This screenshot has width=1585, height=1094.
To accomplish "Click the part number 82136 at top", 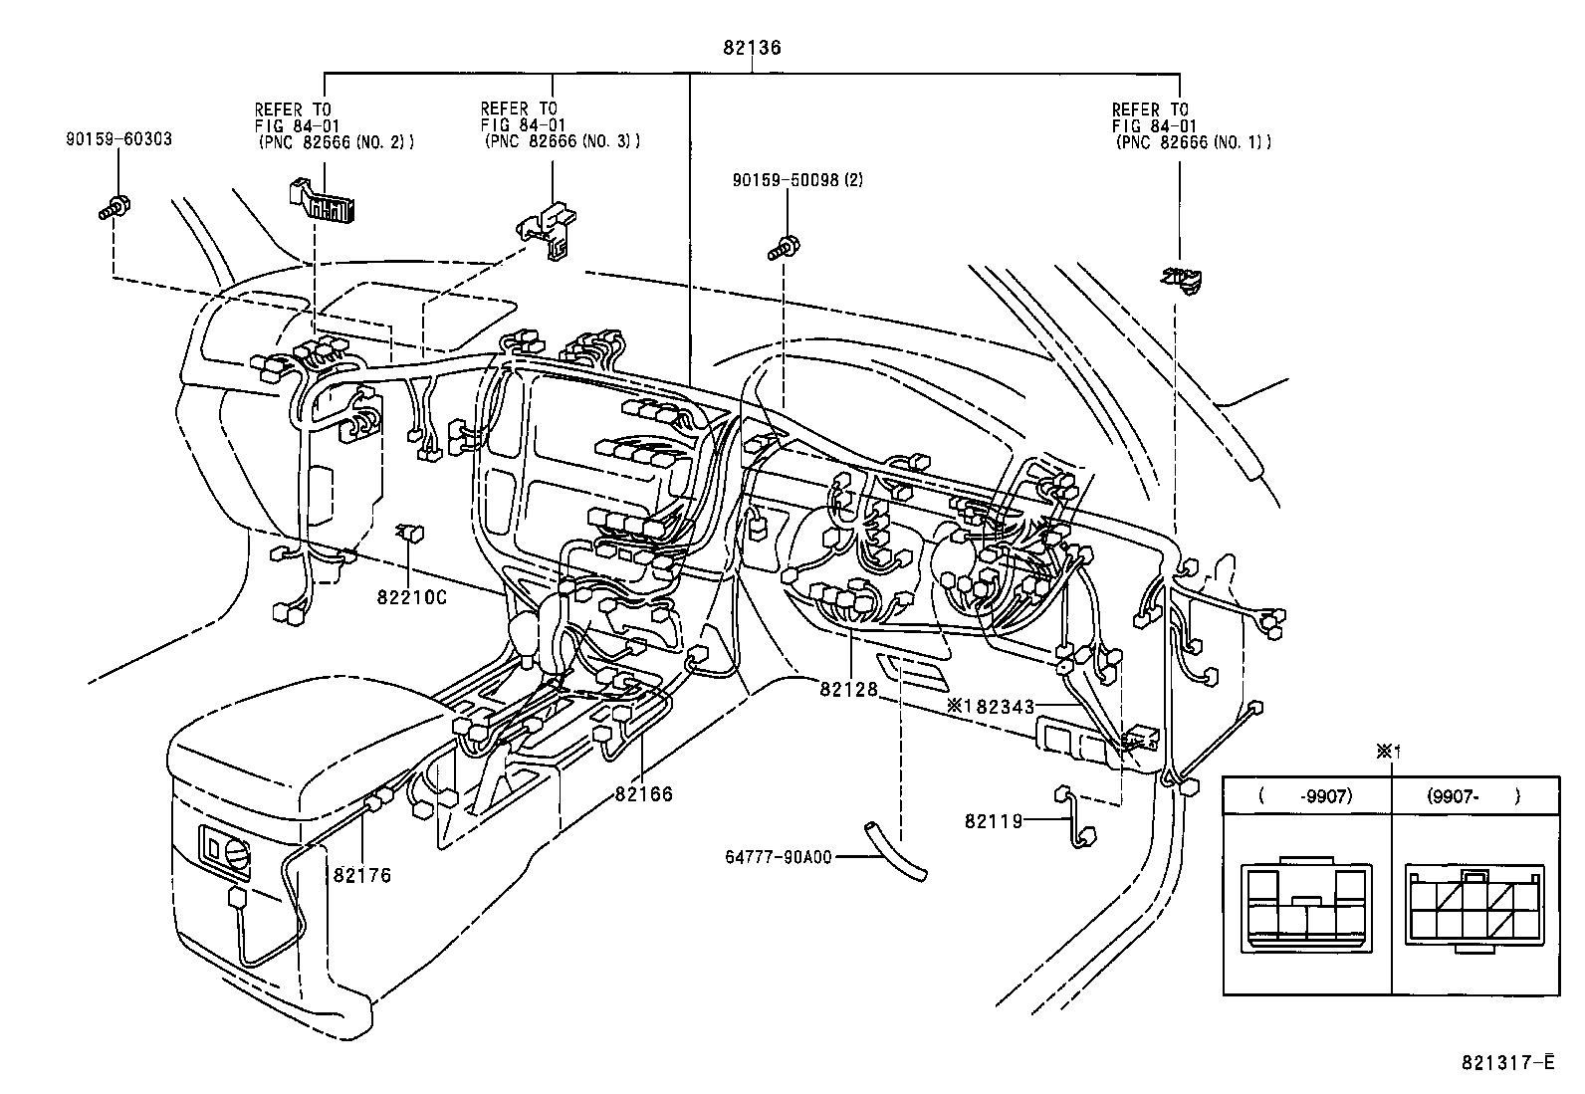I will pos(752,47).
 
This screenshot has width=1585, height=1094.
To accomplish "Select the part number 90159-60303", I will pos(117,139).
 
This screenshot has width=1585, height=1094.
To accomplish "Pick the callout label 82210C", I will pos(411,597).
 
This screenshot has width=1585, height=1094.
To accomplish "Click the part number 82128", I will pos(849,688).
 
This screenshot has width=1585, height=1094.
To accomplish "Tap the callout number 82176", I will pos(361,875).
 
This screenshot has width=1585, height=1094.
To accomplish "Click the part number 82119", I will pos(993,821).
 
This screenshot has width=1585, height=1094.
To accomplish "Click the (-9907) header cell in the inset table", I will pos(1305,796).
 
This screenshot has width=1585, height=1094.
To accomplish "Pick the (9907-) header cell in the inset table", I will pos(1472,796).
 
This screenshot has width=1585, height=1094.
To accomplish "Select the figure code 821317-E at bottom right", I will pos(1507,1063).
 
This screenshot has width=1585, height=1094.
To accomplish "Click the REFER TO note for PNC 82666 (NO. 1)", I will pos(1191,125).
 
